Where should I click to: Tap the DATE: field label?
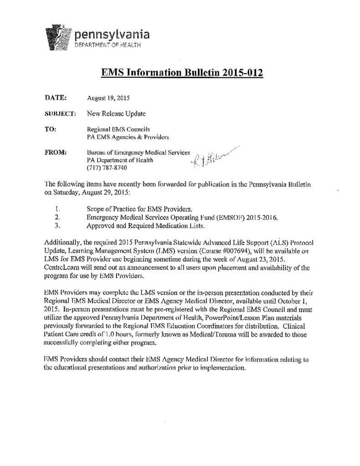pyautogui.click(x=56, y=97)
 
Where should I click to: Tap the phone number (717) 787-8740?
pyautogui.click(x=107, y=168)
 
